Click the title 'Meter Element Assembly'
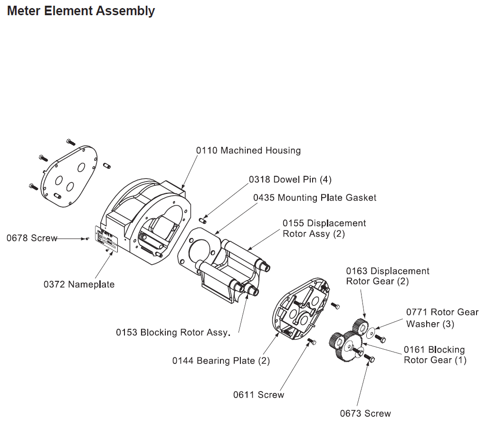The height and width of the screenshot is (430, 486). click(81, 10)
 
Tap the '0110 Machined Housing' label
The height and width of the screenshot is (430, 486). click(248, 151)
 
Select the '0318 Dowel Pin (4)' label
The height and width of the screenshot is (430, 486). click(290, 180)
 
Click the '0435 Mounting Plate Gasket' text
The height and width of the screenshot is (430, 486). click(314, 197)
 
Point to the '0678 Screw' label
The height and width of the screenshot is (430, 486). click(32, 238)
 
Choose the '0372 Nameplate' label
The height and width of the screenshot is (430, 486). click(79, 285)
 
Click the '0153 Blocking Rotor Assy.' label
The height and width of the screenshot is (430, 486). click(173, 333)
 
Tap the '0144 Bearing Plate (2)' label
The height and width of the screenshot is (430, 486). click(221, 361)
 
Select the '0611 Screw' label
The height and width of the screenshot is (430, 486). click(258, 395)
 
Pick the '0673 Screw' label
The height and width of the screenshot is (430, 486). click(365, 413)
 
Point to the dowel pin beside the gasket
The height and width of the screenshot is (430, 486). click(202, 220)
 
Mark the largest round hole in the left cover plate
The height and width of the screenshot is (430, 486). click(81, 168)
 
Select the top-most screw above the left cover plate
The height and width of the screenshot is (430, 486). click(71, 142)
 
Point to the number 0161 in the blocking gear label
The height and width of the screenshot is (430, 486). click(414, 350)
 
